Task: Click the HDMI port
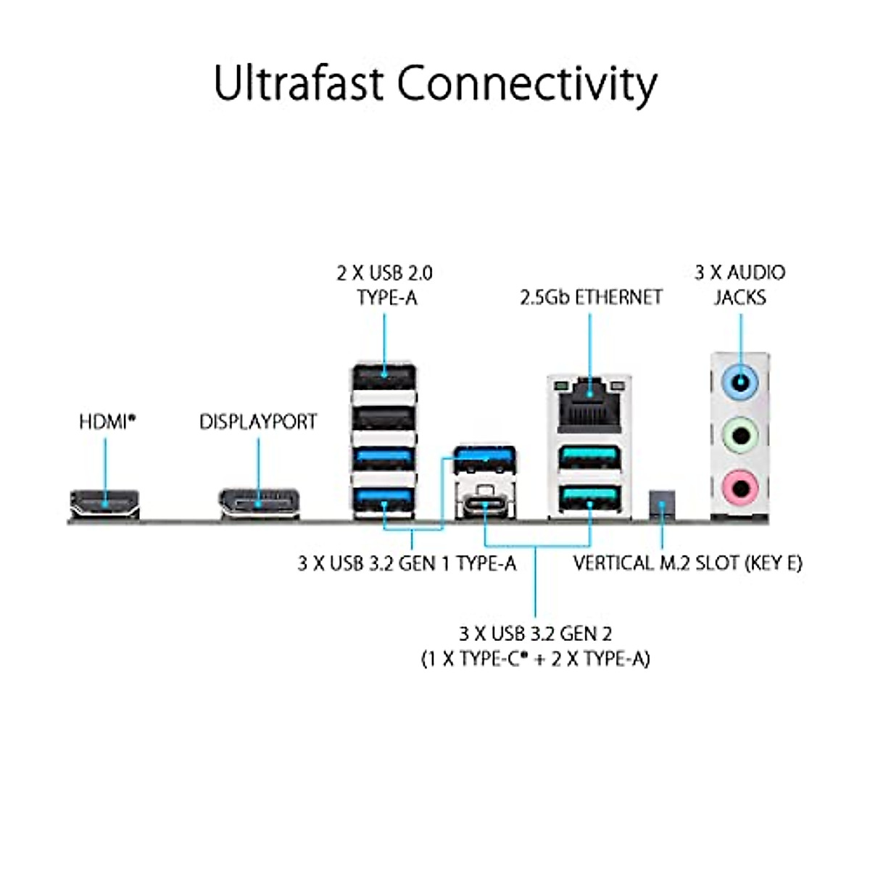pyautogui.click(x=104, y=503)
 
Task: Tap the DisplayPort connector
pyautogui.click(x=259, y=503)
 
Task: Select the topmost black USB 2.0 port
pyautogui.click(x=384, y=378)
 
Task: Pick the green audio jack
pyautogui.click(x=740, y=436)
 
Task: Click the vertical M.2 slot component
pyautogui.click(x=662, y=502)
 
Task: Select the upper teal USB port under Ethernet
pyautogui.click(x=589, y=458)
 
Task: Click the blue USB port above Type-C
pyautogui.click(x=486, y=457)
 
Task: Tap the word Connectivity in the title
pyautogui.click(x=527, y=84)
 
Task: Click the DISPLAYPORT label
pyautogui.click(x=258, y=421)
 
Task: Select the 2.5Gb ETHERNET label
pyautogui.click(x=591, y=297)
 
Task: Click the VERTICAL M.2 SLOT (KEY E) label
pyautogui.click(x=687, y=563)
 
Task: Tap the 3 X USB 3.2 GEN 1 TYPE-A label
pyautogui.click(x=407, y=563)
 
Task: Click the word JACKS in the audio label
pyautogui.click(x=739, y=297)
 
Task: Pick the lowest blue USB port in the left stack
pyautogui.click(x=384, y=500)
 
